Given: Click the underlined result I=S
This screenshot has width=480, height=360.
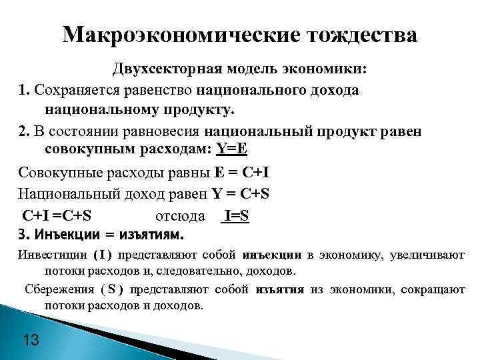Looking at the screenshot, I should (x=237, y=216).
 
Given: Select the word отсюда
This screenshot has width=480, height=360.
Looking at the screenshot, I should (x=175, y=216).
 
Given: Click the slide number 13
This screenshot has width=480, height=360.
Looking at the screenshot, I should (x=31, y=341).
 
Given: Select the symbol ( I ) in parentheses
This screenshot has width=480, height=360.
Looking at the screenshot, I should (x=103, y=255).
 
